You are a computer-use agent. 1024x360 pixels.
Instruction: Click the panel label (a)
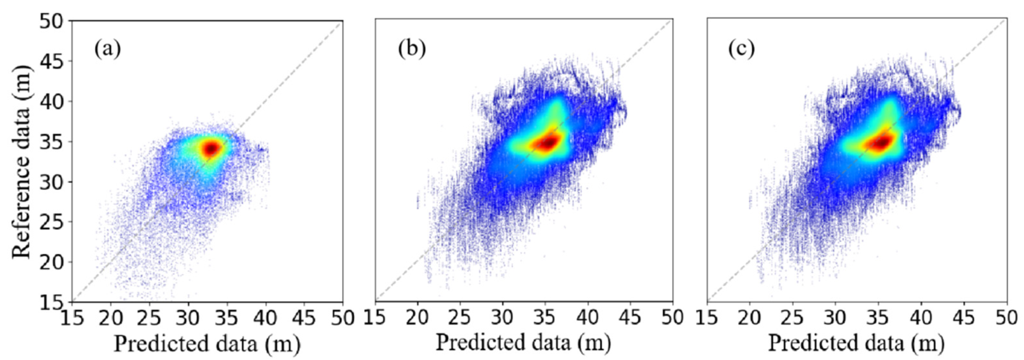107,50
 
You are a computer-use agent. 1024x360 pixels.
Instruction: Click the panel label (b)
412,49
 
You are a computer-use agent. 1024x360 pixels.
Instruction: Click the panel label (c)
741,49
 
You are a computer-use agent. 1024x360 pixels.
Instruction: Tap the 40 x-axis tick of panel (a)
266,318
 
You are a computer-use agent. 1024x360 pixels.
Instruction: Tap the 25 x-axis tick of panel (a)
149,318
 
